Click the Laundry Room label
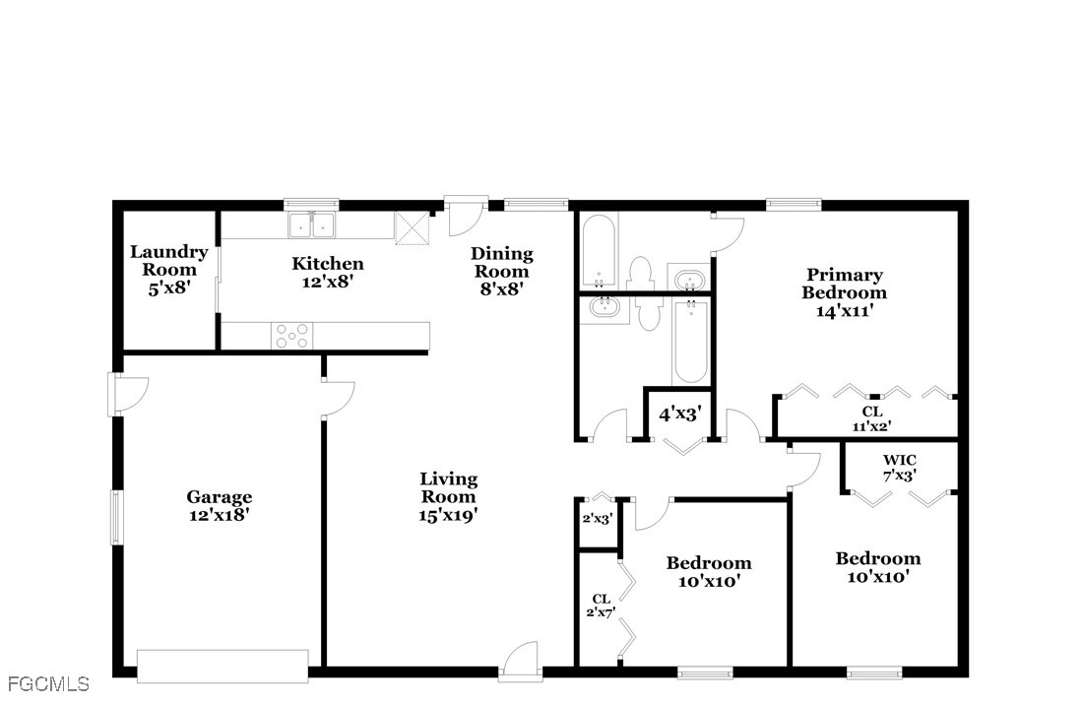[168, 260]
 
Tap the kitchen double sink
[311, 225]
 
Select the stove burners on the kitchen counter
[292, 337]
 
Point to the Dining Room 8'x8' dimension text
[501, 288]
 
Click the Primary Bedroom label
[844, 284]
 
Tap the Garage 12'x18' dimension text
[219, 515]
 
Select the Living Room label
[449, 487]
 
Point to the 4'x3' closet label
[680, 414]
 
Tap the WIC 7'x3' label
[899, 468]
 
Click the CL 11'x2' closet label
[871, 418]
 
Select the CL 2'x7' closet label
[601, 605]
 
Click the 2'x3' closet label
[598, 519]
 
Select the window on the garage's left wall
[117, 517]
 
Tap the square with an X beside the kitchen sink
[413, 227]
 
